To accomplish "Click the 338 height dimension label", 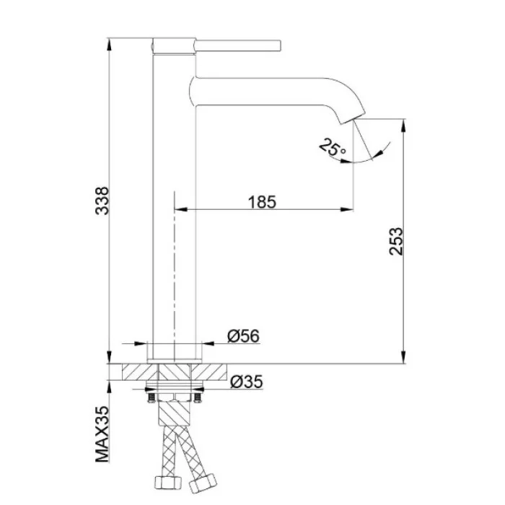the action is (102, 201).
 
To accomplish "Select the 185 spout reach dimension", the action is (262, 202).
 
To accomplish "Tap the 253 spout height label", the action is (396, 242).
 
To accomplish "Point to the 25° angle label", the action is (332, 148).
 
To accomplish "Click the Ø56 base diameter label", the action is (244, 336).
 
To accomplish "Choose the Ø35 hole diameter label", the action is (247, 382).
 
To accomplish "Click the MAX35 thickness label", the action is (102, 434).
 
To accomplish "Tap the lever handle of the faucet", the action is (238, 45).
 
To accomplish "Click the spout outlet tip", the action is (353, 118).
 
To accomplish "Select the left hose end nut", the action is (168, 482).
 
